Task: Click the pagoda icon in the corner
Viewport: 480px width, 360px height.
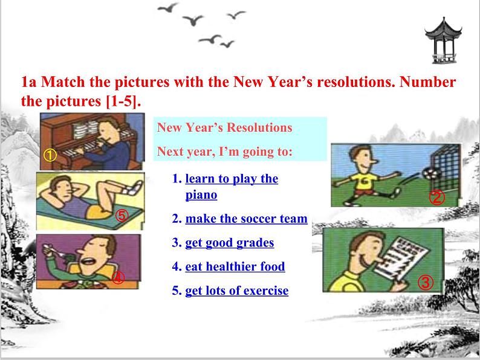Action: pos(443,40)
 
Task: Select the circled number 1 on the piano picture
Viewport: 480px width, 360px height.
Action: pos(50,155)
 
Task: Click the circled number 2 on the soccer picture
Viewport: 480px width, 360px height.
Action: pos(436,198)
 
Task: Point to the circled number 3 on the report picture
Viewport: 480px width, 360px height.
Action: pos(426,282)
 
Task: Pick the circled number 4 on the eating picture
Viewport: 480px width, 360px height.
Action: pos(118,278)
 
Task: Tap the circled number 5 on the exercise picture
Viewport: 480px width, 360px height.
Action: pos(122,216)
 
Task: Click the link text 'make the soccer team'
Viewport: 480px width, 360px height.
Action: pos(247,219)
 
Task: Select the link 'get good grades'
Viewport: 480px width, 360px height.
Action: pos(230,243)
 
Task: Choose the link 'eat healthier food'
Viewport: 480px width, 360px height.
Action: pos(235,266)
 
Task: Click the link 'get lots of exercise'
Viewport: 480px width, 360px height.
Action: pos(237,291)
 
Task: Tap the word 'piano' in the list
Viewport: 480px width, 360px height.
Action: pos(201,195)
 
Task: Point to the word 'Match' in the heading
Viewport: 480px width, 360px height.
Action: pos(63,82)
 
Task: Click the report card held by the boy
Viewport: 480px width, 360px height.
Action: pos(401,258)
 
